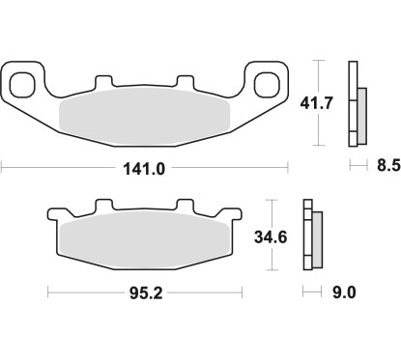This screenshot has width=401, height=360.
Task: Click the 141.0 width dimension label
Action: tap(146, 167)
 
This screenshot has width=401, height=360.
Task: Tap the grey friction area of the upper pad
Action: tap(146, 116)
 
